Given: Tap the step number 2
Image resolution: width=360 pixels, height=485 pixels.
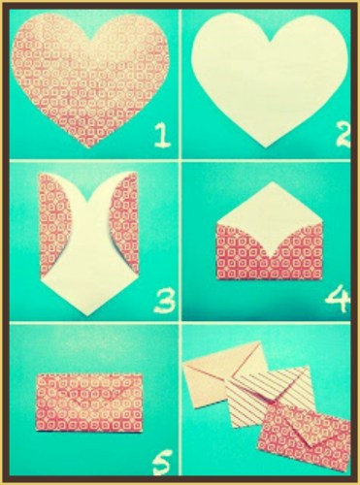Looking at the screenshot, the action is (x=342, y=135).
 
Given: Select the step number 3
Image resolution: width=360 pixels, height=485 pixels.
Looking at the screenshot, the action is (x=164, y=302).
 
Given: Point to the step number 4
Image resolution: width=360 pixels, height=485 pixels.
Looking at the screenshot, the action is (x=337, y=300).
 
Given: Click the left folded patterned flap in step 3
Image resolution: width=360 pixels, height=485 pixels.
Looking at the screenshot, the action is (x=53, y=223).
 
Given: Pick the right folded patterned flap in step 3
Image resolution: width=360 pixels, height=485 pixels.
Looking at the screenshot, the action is (x=125, y=223).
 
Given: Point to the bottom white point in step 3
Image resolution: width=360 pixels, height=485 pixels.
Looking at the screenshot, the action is (x=88, y=314).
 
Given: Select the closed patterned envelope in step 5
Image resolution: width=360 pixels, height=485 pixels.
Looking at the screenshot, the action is (x=89, y=402).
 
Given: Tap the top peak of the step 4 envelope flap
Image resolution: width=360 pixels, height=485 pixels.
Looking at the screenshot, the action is (x=271, y=181).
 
